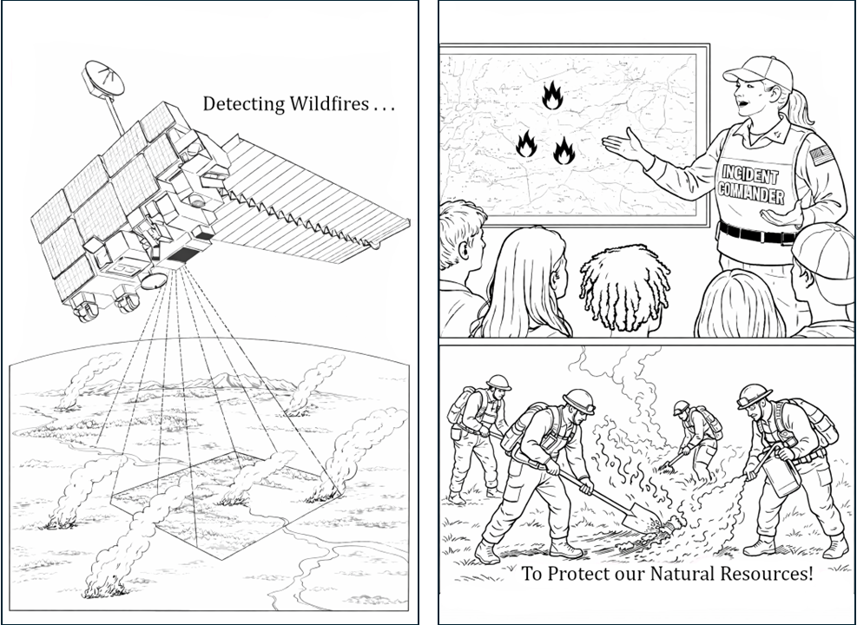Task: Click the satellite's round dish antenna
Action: [102, 79]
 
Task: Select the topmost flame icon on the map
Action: [552, 95]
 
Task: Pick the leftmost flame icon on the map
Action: [526, 144]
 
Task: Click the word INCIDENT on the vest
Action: [749, 174]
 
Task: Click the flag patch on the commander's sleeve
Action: [821, 155]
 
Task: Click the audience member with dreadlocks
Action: [624, 291]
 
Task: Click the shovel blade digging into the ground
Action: [637, 519]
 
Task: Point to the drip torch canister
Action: [781, 477]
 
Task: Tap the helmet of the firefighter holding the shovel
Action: [579, 400]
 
